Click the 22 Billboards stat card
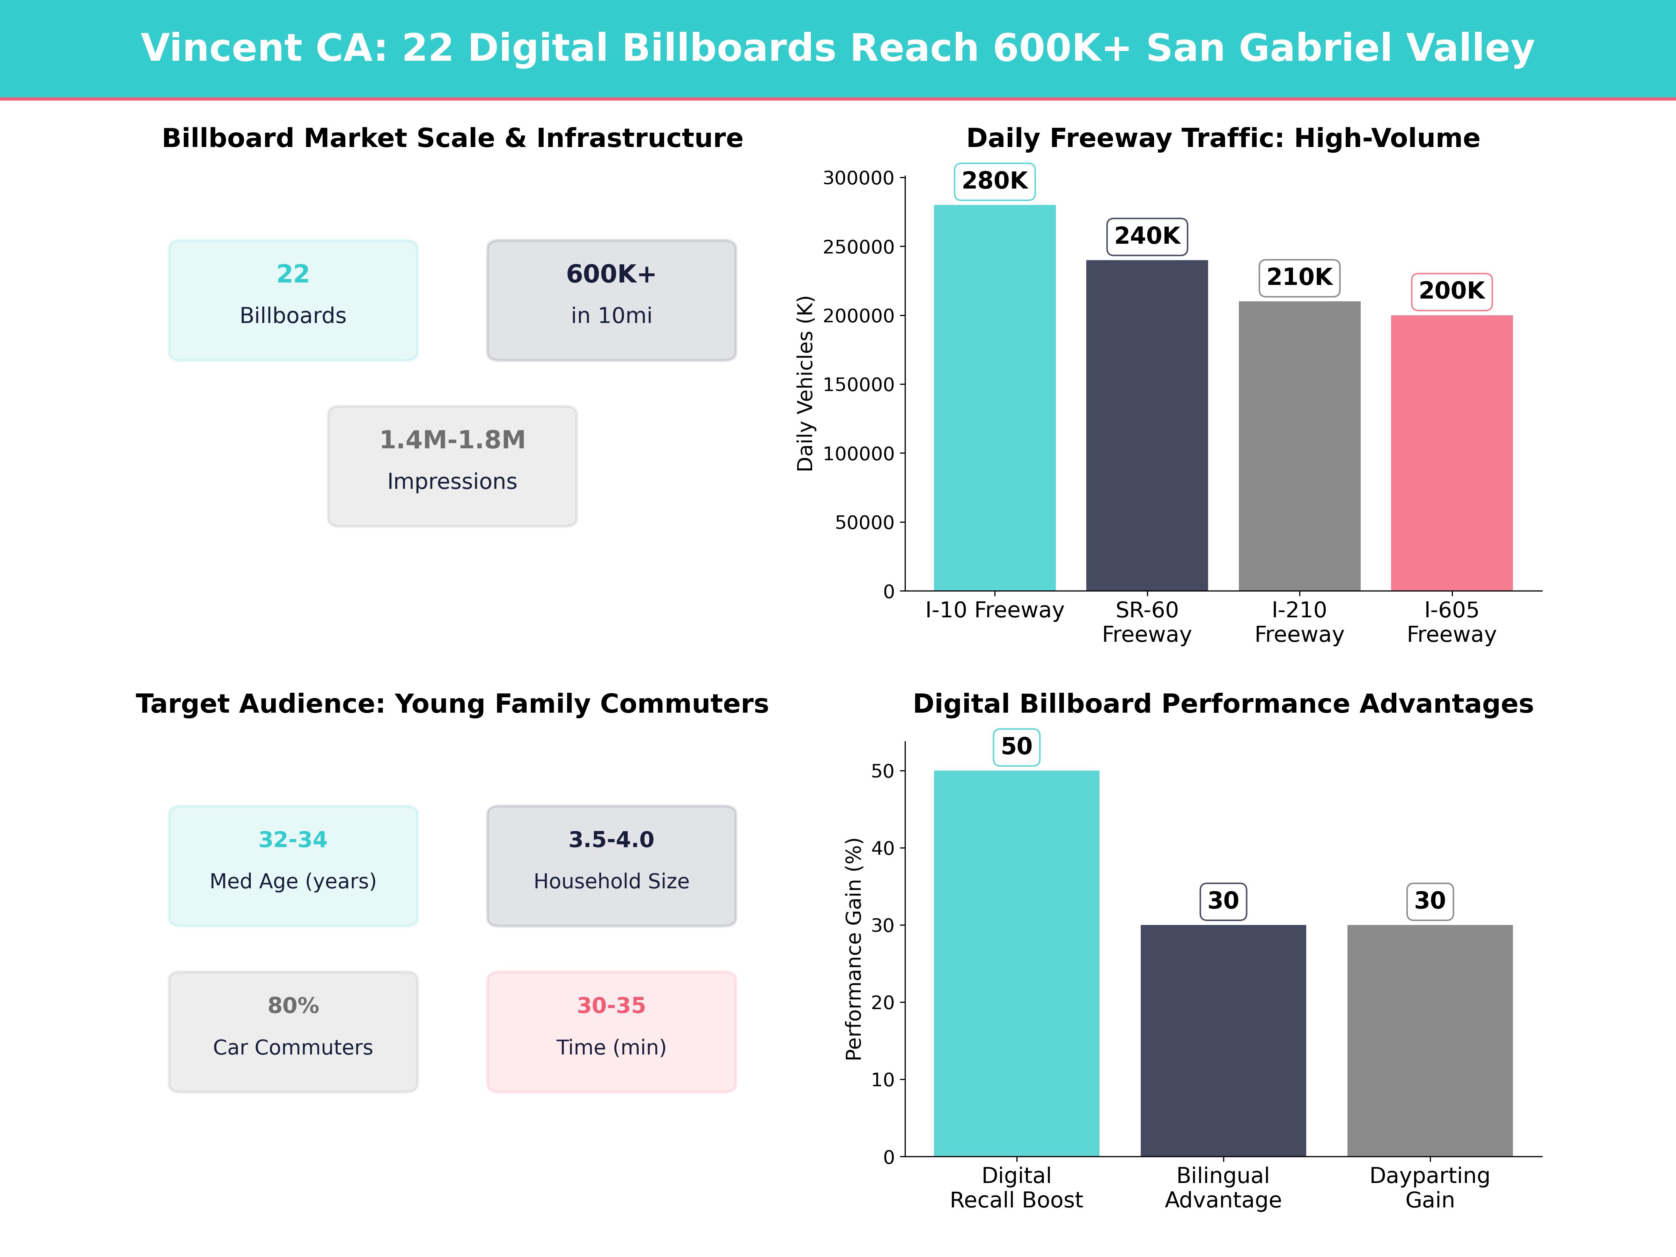293,300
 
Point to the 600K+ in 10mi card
611,300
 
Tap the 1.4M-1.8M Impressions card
452,466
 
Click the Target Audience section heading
452,704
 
